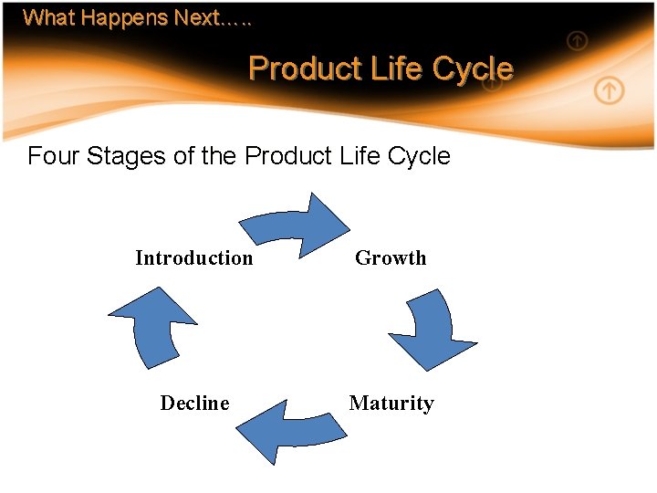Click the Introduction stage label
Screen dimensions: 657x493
(193, 258)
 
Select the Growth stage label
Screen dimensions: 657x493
(391, 258)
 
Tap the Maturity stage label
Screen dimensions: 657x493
(391, 404)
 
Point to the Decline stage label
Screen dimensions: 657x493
(194, 404)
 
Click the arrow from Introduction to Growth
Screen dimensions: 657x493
(296, 225)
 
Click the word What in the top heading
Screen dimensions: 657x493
(44, 17)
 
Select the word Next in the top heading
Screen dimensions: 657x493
(196, 17)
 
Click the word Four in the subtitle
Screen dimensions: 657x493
(54, 156)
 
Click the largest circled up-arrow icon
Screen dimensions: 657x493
(609, 90)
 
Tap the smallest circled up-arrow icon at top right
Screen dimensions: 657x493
(577, 40)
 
